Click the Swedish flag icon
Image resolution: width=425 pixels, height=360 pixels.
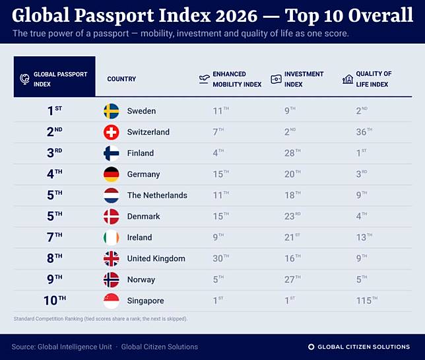pos(112,111)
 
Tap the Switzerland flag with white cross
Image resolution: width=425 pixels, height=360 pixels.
pos(112,132)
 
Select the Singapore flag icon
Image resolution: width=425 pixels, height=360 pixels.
pos(112,301)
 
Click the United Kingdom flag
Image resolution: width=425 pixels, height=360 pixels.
pos(112,258)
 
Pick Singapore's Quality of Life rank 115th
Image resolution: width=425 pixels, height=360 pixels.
pos(367,300)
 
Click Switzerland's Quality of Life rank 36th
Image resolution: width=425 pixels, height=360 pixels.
pos(364,131)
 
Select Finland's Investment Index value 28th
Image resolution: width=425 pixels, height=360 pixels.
pos(292,153)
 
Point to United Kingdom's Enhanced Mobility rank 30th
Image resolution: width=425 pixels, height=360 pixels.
pos(220,258)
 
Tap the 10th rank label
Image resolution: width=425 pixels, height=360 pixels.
pos(55,300)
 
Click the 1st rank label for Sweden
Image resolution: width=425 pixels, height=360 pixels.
pos(55,110)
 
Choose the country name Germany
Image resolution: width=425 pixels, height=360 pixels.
pos(143,174)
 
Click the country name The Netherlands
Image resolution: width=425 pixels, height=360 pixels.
pos(157,196)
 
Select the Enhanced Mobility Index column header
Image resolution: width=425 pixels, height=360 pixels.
pos(237,79)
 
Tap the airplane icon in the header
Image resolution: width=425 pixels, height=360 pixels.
pos(204,79)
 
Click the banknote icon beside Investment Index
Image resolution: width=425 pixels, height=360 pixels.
pos(276,79)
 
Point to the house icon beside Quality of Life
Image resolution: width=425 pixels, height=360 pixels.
pos(348,79)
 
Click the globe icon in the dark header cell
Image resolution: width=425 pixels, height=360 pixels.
pos(24,79)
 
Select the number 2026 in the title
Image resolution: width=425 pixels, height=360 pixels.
pos(236,15)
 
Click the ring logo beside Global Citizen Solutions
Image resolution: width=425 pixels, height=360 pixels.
pos(311,347)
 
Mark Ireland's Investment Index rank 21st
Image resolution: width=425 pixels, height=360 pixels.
pos(292,237)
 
